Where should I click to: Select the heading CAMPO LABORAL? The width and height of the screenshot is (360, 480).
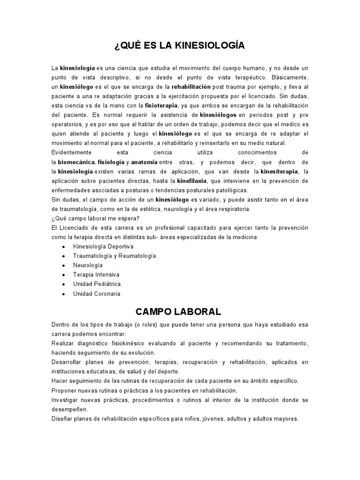click(179, 312)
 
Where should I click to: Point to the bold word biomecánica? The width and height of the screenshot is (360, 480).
click(76, 162)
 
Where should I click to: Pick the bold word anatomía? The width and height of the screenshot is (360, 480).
click(144, 162)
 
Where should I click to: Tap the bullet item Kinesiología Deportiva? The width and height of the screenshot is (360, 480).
click(103, 247)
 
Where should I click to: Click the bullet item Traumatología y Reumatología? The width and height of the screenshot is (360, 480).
click(114, 256)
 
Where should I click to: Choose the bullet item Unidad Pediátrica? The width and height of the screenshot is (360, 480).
click(97, 284)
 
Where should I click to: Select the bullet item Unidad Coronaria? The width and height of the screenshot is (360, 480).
click(97, 294)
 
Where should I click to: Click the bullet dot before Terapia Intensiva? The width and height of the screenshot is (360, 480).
click(63, 275)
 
